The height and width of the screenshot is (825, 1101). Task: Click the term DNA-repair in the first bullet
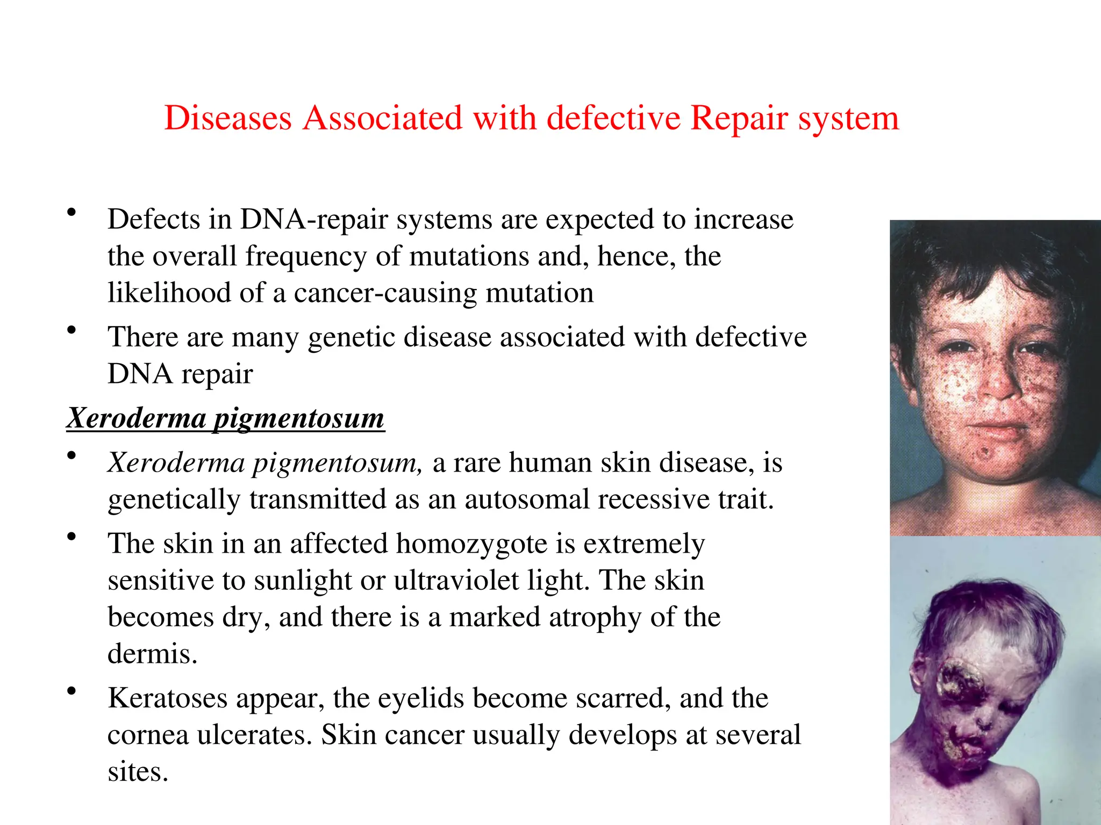(313, 219)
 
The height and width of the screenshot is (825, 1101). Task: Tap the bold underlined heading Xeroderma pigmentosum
(226, 418)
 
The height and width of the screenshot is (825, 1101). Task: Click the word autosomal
(527, 499)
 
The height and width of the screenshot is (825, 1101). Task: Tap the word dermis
(152, 654)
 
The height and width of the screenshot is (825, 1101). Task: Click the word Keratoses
(167, 698)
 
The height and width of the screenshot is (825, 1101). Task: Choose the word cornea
(148, 735)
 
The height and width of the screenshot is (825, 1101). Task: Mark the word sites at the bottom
(138, 772)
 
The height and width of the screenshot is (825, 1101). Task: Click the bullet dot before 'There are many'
(71, 330)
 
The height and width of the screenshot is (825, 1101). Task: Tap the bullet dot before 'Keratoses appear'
(71, 691)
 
